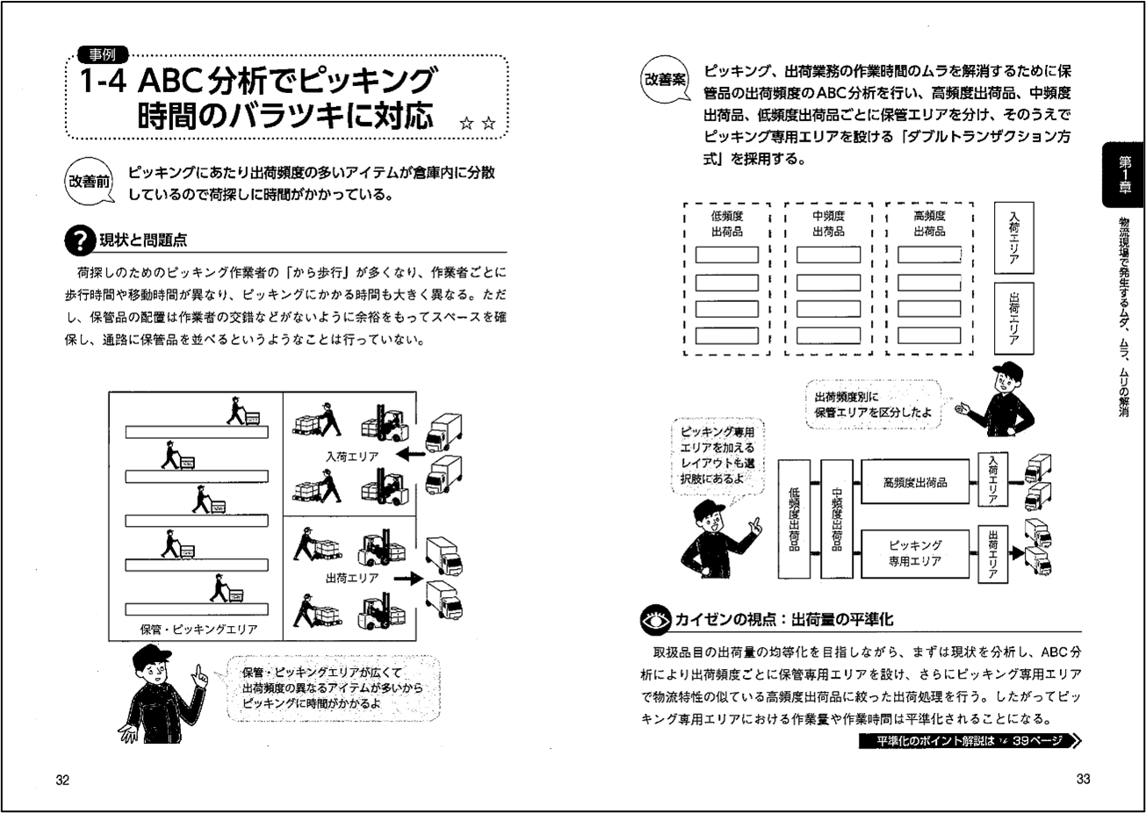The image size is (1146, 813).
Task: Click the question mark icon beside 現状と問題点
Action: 80,240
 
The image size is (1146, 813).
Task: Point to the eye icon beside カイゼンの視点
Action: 656,620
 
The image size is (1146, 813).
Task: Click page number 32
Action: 62,780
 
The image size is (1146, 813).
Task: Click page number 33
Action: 1082,780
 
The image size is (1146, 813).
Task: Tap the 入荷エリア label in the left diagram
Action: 351,457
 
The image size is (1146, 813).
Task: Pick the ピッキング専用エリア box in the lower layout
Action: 914,554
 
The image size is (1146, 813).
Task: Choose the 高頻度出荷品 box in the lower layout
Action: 914,482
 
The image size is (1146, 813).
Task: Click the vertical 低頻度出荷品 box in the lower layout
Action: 795,519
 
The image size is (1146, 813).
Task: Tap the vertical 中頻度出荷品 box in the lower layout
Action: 836,519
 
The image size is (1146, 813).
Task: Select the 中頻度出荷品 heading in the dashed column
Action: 828,224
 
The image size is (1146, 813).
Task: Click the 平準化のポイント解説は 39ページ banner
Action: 969,741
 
